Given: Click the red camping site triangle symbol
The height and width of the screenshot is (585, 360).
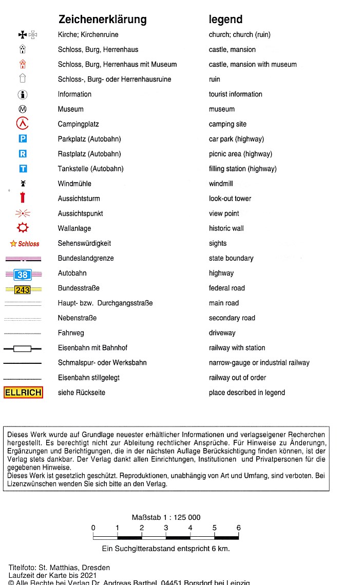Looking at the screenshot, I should point(23,124).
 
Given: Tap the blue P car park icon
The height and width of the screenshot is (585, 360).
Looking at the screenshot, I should point(23,139).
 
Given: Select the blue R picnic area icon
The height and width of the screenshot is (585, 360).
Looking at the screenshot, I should point(23,153).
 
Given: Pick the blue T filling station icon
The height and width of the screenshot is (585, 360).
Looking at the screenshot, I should point(23,168).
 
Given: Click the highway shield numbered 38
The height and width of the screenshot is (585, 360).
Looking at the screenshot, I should point(23,275).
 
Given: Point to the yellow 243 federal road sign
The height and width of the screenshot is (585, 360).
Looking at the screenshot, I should point(23,289).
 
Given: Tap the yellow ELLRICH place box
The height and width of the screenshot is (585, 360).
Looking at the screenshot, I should point(23,393).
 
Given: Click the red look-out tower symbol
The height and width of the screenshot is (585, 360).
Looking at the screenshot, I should point(23,198).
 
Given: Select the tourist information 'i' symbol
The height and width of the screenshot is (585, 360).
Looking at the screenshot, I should point(23,94).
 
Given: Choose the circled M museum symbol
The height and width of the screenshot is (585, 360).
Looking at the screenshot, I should point(23,109).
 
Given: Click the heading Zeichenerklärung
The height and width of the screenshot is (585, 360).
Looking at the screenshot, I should point(103,19).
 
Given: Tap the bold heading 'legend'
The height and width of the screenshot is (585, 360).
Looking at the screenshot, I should point(225,19).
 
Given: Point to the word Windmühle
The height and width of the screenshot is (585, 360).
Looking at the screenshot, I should point(75,184).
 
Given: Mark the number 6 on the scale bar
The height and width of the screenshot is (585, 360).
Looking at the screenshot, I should point(238,528).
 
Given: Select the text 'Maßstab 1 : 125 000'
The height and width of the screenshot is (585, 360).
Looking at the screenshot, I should point(165,517).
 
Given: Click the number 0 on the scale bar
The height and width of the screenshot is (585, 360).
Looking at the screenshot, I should point(93,528).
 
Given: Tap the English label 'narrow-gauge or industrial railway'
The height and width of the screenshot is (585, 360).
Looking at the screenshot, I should point(259,363).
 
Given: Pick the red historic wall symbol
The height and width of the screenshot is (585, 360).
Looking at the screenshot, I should point(23,228).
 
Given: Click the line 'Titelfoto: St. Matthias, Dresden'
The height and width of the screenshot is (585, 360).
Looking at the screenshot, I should point(59,568).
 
